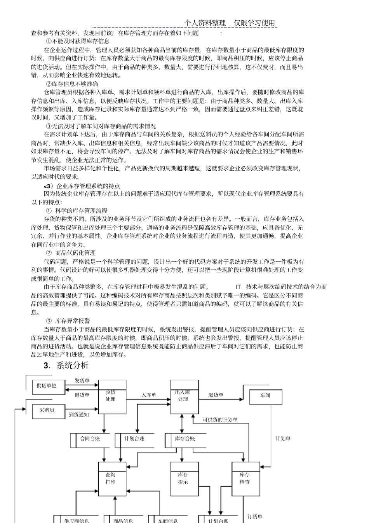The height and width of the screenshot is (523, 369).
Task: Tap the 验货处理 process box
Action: [x=112, y=397]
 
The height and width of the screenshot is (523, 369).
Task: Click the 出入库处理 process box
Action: [x=184, y=397]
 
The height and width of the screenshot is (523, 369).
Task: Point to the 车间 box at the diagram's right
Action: [x=265, y=395]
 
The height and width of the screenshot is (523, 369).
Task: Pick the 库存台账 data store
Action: [x=184, y=439]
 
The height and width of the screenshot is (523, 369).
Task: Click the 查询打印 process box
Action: [x=112, y=479]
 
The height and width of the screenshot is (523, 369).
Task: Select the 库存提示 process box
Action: [x=184, y=479]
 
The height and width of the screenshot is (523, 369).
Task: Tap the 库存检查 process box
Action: [x=245, y=479]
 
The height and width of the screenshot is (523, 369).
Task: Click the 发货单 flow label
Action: [x=82, y=381]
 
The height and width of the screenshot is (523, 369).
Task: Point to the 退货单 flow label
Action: [x=82, y=395]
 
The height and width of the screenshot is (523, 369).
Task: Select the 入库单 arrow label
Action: [x=149, y=395]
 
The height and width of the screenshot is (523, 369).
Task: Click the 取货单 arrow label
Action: [x=216, y=395]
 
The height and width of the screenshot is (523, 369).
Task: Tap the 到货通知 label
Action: [x=79, y=415]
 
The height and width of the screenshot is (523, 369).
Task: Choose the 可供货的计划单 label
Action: [x=220, y=420]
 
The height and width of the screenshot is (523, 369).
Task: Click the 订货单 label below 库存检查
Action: [x=255, y=517]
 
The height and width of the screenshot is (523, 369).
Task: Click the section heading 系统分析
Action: [x=72, y=366]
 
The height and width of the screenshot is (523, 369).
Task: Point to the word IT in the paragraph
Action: [x=238, y=287]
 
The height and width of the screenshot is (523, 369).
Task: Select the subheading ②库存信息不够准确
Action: [x=72, y=84]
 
